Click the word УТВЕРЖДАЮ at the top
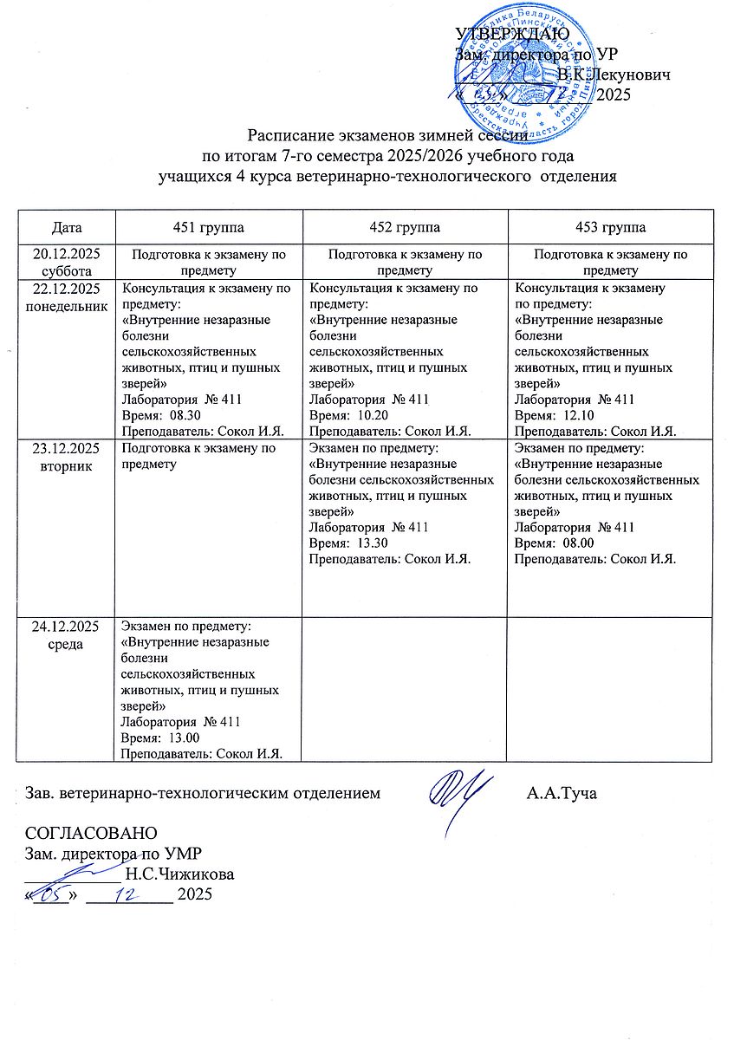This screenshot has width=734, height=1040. point(511,34)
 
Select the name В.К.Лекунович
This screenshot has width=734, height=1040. point(614,75)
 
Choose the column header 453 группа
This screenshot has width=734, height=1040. point(613,227)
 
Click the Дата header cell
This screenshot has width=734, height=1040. point(67,227)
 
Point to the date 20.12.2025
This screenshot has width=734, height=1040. point(67,254)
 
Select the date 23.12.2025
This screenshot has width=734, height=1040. point(67,448)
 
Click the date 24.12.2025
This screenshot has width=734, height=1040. point(67,625)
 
